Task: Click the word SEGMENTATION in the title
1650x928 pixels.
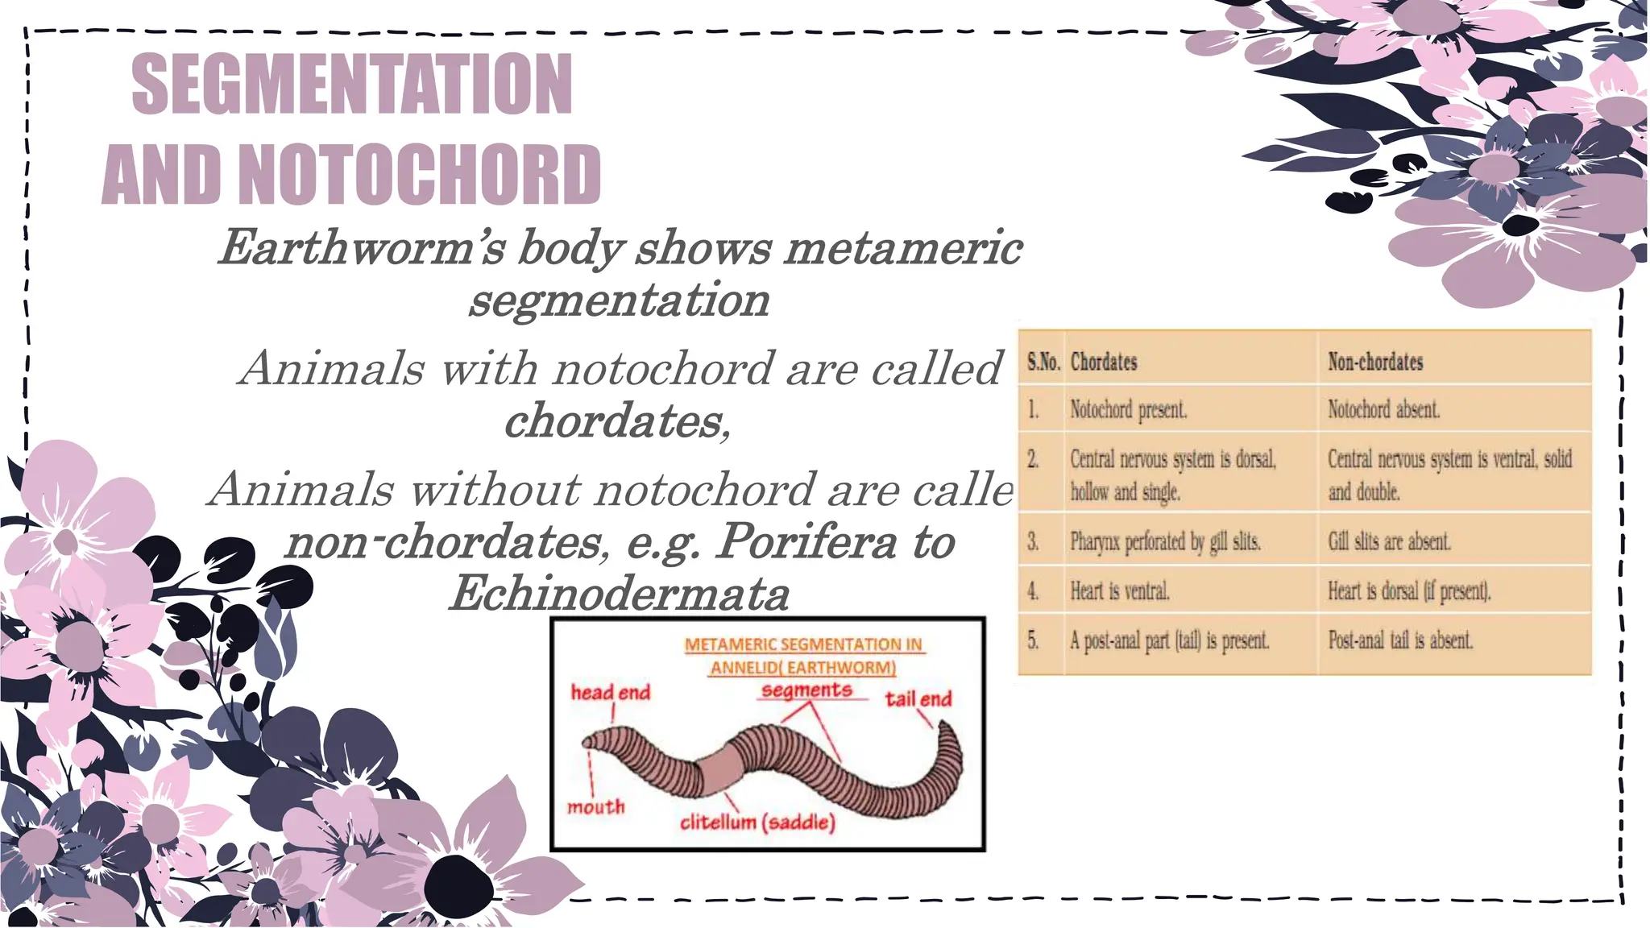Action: pos(352,84)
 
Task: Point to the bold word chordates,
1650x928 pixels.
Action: pos(617,420)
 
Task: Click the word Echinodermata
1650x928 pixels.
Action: pos(619,594)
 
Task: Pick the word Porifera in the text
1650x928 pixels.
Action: pos(806,541)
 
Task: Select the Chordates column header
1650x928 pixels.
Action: pos(1104,362)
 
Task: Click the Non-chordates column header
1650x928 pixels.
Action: pos(1375,362)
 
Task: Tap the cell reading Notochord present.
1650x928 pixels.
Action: pos(1128,410)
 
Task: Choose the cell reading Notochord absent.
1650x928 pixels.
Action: pos(1383,410)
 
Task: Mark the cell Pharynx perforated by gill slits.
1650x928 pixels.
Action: pos(1165,541)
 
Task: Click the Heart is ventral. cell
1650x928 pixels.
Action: pos(1119,591)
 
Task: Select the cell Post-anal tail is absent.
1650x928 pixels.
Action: pos(1400,640)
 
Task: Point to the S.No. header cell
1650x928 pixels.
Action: pos(1043,362)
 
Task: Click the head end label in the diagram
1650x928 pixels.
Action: pos(610,693)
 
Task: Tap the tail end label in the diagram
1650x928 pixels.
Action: pos(918,698)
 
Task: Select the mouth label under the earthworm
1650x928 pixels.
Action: pos(595,806)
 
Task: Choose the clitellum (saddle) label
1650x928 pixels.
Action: pos(757,822)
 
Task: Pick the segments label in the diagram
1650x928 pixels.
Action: pos(806,690)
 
